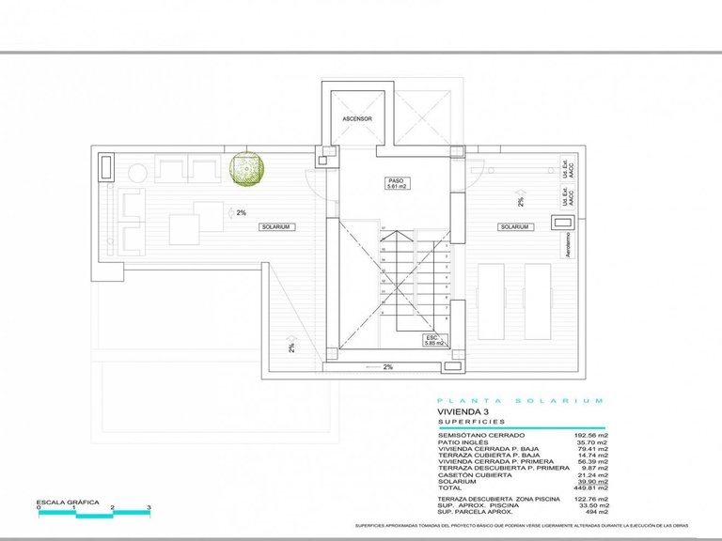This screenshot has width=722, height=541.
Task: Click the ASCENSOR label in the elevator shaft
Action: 356,120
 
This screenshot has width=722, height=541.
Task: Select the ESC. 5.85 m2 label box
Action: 433,342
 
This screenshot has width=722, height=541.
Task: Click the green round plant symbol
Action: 247,169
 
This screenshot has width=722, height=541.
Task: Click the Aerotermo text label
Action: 567,247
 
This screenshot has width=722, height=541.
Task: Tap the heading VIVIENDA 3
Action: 463,411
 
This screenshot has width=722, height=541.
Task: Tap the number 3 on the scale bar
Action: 149,508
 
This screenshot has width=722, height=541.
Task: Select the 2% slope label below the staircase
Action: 387,367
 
